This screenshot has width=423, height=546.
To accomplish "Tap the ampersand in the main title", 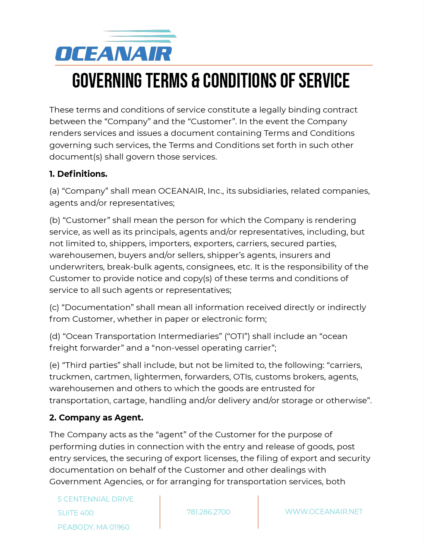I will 195,81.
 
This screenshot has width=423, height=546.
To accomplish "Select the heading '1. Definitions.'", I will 78,174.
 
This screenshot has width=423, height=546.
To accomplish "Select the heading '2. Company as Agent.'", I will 96,417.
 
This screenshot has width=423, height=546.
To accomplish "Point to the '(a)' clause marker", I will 54,191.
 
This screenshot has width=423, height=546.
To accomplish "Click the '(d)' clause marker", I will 55,336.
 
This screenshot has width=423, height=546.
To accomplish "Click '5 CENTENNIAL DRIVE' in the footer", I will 95,499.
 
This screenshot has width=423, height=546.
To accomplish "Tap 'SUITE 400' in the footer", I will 76,513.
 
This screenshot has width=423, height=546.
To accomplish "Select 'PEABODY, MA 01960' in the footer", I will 94,527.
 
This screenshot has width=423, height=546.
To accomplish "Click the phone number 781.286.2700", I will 208,512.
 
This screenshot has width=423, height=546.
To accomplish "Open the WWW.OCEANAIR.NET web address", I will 324,511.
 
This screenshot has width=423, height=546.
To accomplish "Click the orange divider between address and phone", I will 160,512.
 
